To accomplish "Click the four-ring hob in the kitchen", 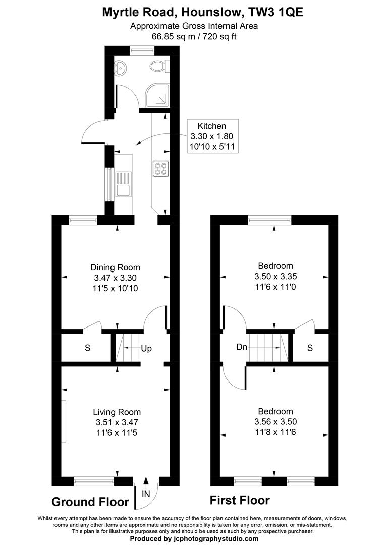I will click(x=161, y=168).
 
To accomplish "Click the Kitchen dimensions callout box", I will click(x=211, y=136).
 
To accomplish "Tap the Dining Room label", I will click(x=115, y=267).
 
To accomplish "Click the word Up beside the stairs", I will click(x=146, y=349).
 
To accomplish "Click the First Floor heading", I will click(x=240, y=501).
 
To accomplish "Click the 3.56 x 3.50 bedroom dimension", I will click(x=275, y=421).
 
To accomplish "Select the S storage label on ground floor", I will click(x=87, y=348).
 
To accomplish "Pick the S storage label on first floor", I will click(x=310, y=348).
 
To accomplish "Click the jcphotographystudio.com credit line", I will click(x=194, y=539).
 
